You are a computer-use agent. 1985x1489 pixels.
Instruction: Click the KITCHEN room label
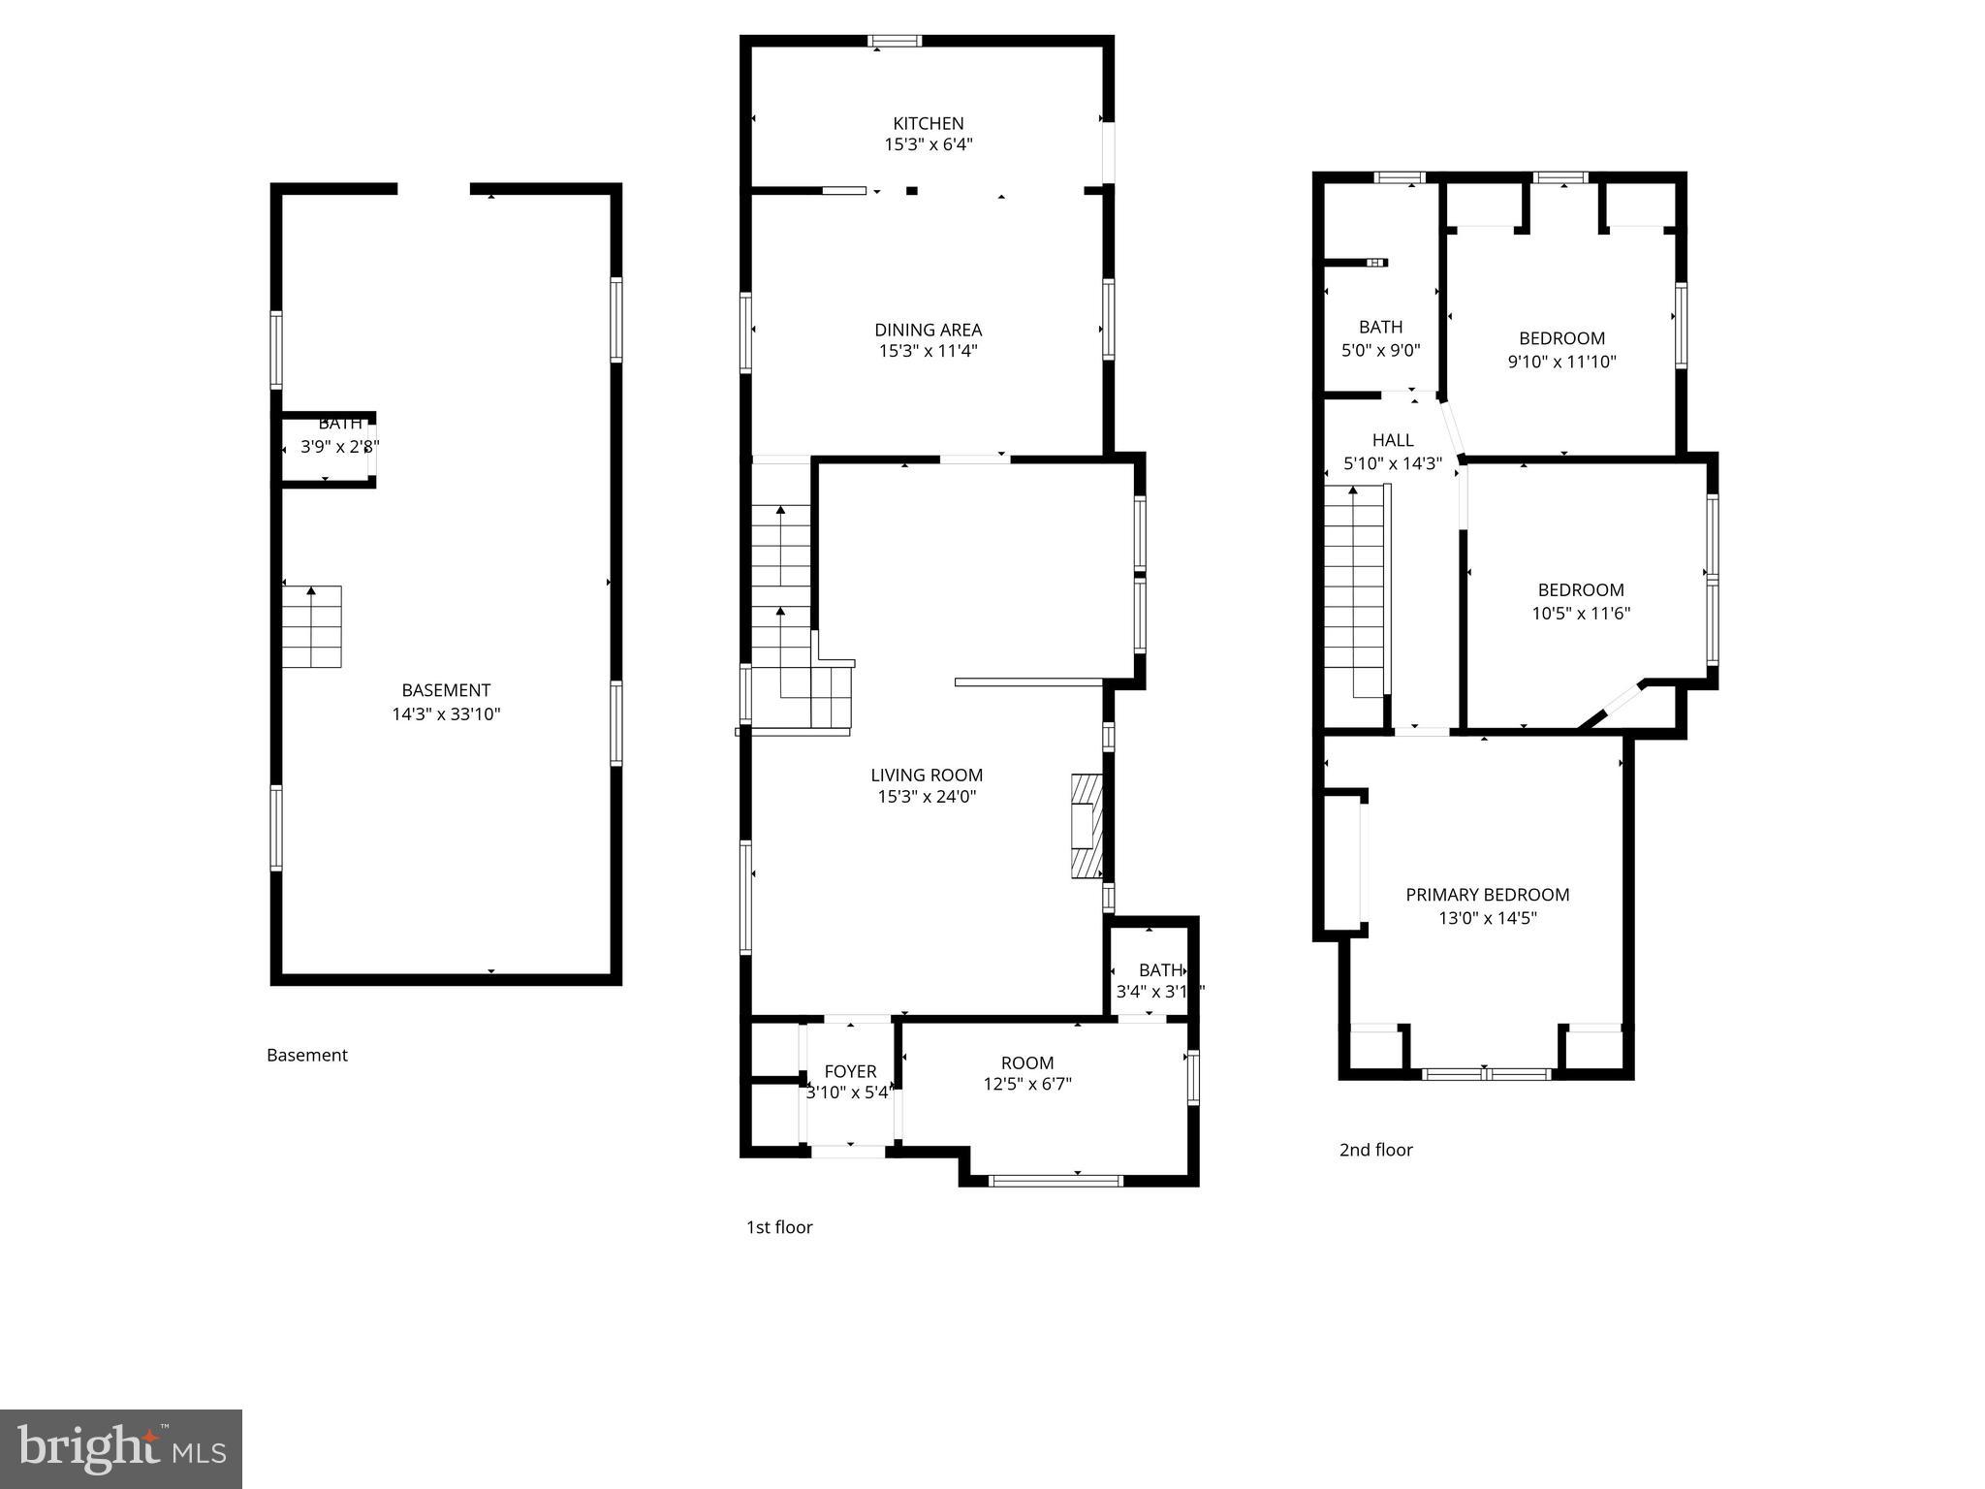click(928, 124)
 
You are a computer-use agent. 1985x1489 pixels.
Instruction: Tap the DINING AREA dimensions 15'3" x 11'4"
click(928, 351)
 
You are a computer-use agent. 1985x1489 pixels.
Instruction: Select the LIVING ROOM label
click(927, 775)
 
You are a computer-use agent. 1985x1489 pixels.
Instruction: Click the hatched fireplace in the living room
click(1087, 826)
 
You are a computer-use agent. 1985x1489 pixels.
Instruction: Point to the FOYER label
click(850, 1071)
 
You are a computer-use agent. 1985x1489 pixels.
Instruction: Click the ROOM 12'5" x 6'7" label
click(1027, 1073)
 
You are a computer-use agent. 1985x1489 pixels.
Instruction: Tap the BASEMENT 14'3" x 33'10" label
click(446, 702)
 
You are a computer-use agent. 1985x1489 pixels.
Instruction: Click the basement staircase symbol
click(312, 626)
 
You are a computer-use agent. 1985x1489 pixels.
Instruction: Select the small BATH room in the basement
click(326, 448)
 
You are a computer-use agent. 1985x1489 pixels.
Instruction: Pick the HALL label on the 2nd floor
click(1393, 440)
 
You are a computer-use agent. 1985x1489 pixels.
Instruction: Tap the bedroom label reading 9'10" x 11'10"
click(1561, 361)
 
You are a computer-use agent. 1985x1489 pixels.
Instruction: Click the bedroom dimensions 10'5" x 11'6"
click(1581, 613)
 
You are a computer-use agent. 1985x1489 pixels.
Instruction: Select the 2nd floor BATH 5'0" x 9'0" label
click(1380, 338)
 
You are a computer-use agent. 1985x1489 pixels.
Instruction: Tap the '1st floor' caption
click(778, 1227)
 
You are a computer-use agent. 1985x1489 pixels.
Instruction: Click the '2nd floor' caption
click(1375, 1150)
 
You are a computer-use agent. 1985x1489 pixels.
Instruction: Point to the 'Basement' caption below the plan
click(306, 1055)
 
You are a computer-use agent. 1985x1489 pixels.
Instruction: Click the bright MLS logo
click(121, 1448)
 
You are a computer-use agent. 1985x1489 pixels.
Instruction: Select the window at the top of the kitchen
click(894, 41)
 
